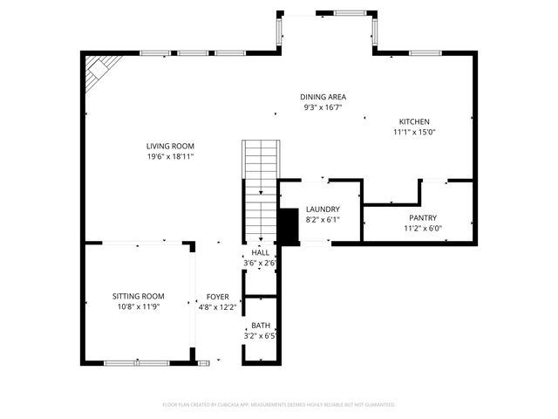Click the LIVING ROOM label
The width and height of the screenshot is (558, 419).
click(x=170, y=146)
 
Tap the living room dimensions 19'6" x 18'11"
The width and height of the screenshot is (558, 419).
click(x=170, y=156)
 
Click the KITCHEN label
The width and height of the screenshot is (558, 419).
click(x=414, y=121)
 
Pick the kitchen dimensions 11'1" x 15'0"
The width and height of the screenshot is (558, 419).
click(x=414, y=132)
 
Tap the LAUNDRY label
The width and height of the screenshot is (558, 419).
click(x=322, y=209)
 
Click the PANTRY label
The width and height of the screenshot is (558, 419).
click(x=423, y=218)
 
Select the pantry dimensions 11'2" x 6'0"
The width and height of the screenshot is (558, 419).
click(x=423, y=229)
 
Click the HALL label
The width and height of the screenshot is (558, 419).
click(x=260, y=252)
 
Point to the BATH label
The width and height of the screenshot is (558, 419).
click(x=261, y=325)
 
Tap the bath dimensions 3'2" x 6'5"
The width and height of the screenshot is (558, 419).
click(x=261, y=335)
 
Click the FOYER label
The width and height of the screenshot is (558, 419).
click(x=217, y=297)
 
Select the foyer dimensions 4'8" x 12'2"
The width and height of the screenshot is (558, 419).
click(x=217, y=307)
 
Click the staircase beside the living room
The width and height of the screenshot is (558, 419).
click(x=260, y=170)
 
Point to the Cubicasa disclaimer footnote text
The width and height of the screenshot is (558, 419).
click(x=279, y=405)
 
